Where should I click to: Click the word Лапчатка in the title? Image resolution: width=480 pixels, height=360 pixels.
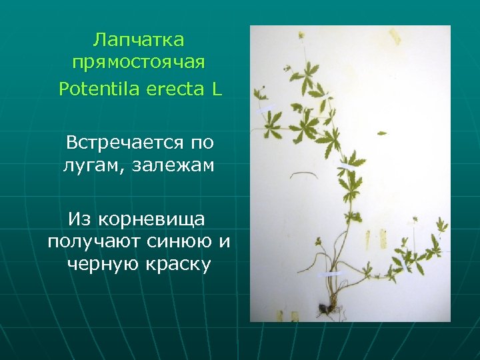pyautogui.click(x=139, y=40)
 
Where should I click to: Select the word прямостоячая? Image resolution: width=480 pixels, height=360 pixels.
pyautogui.click(x=139, y=63)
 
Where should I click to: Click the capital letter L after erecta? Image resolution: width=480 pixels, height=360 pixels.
pyautogui.click(x=217, y=89)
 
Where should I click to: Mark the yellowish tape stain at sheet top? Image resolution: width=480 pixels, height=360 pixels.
pyautogui.click(x=394, y=35)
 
